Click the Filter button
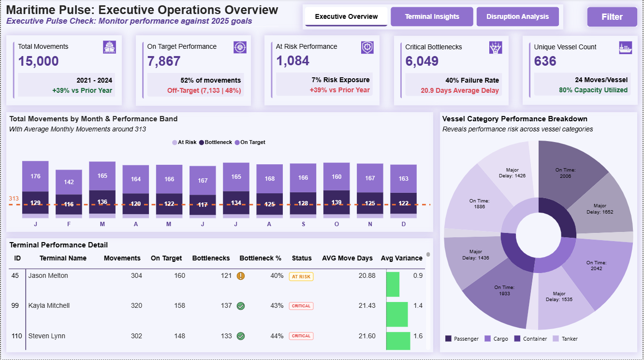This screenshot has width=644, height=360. (x=612, y=17)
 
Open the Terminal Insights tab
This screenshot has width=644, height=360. (x=432, y=16)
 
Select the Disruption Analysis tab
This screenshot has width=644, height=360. (x=517, y=16)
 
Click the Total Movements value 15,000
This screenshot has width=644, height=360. (x=39, y=61)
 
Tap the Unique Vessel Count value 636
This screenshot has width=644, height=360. (x=545, y=61)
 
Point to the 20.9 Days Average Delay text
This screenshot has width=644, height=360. (x=460, y=90)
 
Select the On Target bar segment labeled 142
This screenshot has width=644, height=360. (x=69, y=182)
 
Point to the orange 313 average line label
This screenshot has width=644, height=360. (x=14, y=198)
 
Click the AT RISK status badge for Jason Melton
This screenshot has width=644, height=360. (x=301, y=276)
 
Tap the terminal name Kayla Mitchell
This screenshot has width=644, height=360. (x=49, y=305)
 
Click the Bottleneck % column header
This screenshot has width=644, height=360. (x=260, y=258)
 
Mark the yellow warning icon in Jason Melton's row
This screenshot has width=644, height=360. (x=241, y=276)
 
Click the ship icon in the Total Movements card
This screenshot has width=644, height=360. (x=109, y=47)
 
